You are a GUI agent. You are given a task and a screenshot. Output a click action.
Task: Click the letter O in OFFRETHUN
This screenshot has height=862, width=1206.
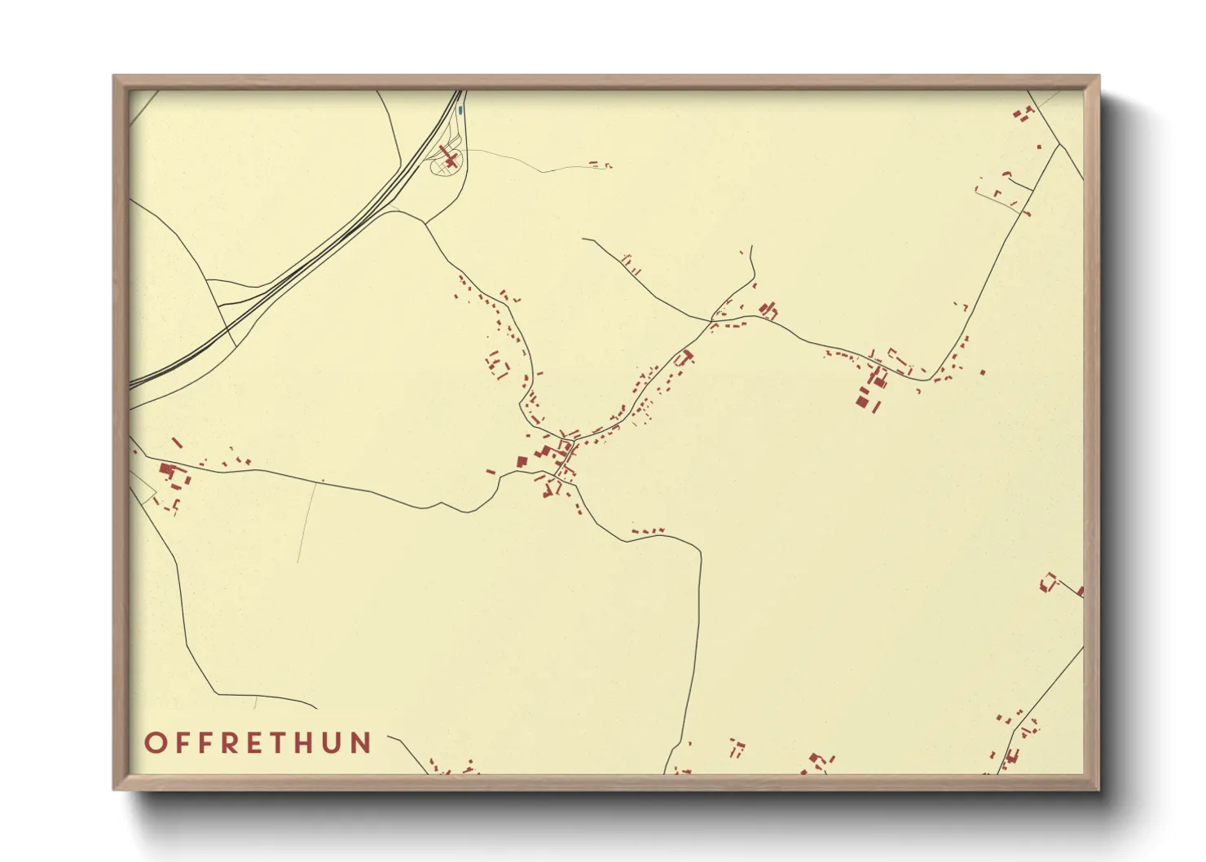pyautogui.click(x=155, y=743)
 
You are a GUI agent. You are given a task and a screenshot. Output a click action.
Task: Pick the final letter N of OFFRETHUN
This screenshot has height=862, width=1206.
pyautogui.click(x=361, y=743)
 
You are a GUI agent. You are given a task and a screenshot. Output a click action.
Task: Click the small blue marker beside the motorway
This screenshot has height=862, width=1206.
pyautogui.click(x=460, y=109)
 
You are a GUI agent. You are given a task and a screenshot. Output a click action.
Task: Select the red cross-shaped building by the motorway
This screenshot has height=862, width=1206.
pyautogui.click(x=448, y=155)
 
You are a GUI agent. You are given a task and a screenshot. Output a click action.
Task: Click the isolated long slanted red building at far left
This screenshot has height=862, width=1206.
pyautogui.click(x=177, y=443)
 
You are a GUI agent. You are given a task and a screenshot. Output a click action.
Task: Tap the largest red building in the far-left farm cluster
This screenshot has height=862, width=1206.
pyautogui.click(x=167, y=470)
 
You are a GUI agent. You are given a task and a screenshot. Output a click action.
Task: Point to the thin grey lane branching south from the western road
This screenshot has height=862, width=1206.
pyautogui.click(x=307, y=521)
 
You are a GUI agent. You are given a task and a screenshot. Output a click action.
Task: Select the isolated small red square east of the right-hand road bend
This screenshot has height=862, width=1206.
pyautogui.click(x=983, y=372)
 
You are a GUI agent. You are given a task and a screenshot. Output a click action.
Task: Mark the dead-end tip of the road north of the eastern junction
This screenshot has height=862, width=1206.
pyautogui.click(x=750, y=246)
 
